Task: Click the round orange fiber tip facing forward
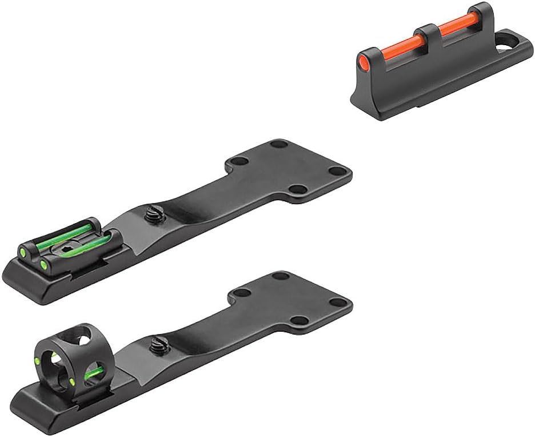coord(364,60)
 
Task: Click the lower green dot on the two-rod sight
coord(43,264)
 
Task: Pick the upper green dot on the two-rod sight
coord(24,249)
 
